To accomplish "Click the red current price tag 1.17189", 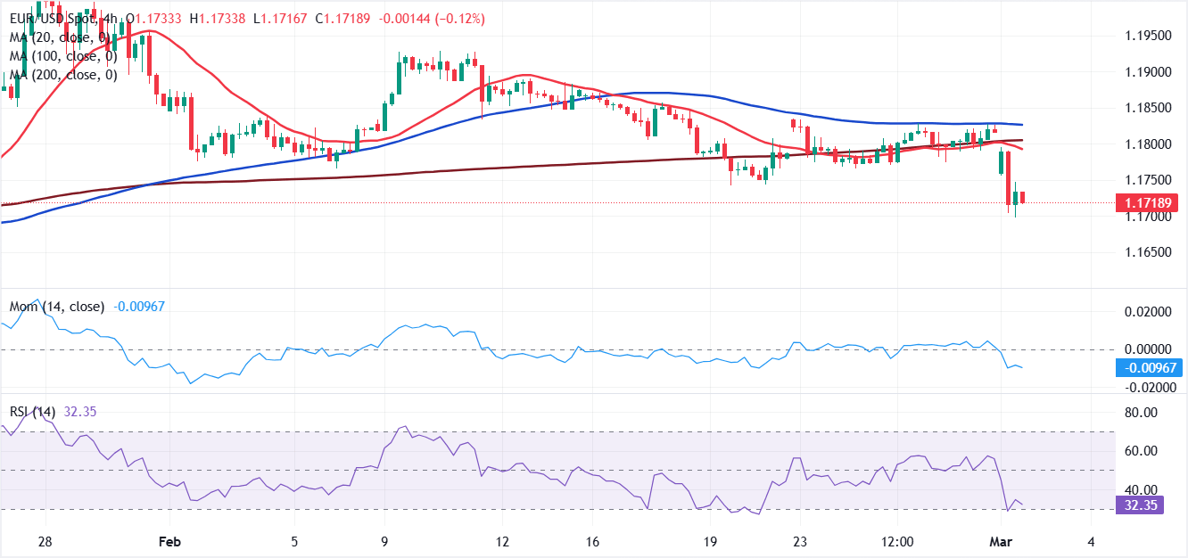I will [1146, 203].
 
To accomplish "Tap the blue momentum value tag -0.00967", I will [1146, 367].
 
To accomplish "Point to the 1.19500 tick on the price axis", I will [1145, 36].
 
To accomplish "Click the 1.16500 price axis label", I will [1145, 253].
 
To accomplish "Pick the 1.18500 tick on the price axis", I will [1145, 108].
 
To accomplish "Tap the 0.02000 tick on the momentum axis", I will [1145, 312].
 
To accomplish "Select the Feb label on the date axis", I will [169, 542].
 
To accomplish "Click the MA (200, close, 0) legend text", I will [62, 75].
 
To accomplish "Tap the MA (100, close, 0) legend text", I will [62, 56].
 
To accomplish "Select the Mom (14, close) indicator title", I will [55, 307].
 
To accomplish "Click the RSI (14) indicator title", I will [33, 411].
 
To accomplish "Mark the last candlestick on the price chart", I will [1023, 197].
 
